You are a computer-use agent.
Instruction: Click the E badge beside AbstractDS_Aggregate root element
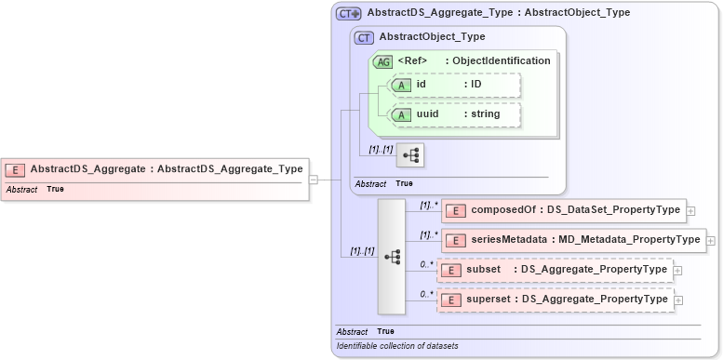[15, 169]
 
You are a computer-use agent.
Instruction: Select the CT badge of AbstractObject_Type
[365, 37]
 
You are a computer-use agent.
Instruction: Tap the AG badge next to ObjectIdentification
[382, 61]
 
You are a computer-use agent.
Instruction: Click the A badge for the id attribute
[402, 85]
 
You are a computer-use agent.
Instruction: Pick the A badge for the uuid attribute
[402, 114]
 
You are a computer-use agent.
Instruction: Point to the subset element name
[484, 270]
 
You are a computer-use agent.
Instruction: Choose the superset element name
[491, 300]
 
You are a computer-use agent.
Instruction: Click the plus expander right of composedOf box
[690, 211]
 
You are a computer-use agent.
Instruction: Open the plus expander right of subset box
[677, 271]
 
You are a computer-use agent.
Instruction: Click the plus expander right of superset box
[677, 300]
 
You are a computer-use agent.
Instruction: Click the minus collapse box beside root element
[314, 180]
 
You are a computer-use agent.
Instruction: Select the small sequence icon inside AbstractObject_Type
[409, 154]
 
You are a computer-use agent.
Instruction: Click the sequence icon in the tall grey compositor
[392, 256]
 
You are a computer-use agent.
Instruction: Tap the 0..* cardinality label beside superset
[427, 294]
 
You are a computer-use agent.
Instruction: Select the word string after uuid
[485, 114]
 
